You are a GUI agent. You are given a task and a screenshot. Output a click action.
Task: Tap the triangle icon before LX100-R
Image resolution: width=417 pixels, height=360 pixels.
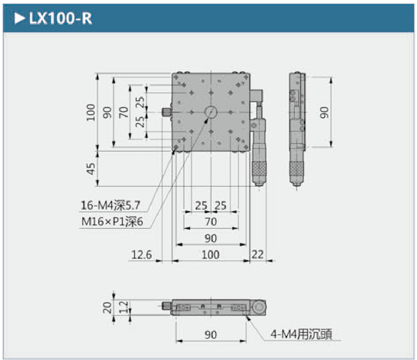(x=19, y=19)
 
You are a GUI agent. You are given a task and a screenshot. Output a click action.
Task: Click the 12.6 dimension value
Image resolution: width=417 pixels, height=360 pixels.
(x=141, y=255)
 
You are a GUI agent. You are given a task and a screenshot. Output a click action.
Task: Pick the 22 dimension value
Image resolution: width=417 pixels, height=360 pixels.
(x=258, y=255)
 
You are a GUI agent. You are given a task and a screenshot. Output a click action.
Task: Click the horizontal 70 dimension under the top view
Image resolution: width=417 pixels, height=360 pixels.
(x=210, y=222)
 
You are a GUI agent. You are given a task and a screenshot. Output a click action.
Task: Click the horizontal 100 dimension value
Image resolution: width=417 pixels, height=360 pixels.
(x=210, y=255)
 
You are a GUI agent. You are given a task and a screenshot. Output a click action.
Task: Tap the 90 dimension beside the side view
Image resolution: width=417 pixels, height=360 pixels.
(x=324, y=112)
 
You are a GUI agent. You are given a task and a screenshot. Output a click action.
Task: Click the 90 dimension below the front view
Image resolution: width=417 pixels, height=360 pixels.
(x=210, y=335)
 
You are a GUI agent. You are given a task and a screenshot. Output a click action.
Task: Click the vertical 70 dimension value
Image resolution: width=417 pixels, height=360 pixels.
(x=124, y=112)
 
